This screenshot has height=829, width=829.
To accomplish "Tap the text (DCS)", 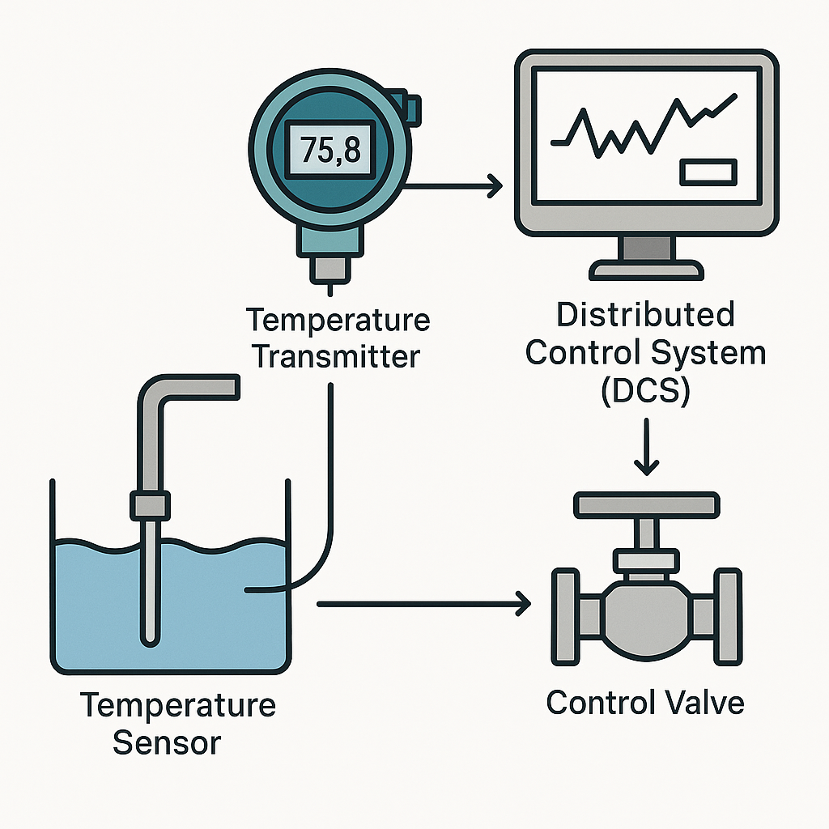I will pyautogui.click(x=644, y=393).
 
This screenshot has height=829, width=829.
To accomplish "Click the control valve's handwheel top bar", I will pyautogui.click(x=645, y=506).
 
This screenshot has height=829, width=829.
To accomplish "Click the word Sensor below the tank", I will pyautogui.click(x=166, y=742).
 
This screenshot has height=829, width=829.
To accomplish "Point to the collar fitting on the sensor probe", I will pyautogui.click(x=150, y=505).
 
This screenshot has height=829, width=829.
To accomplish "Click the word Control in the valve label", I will pyautogui.click(x=595, y=702).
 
